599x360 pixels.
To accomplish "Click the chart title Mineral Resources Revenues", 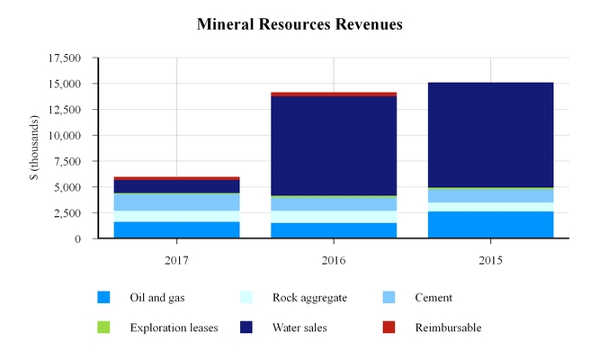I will pos(299,24).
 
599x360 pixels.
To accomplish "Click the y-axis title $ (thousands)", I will pos(34,148).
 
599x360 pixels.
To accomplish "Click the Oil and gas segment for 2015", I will pos(491,225).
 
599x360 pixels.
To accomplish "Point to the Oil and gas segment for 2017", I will pos(176,230).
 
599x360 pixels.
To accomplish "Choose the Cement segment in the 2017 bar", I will pos(176,202).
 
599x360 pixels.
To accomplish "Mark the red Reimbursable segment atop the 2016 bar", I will pos(334,94).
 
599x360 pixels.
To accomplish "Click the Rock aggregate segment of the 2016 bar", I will pos(334,217).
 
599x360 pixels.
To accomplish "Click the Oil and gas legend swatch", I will pos(104,298).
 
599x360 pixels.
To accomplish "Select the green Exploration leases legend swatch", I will pos(104,328).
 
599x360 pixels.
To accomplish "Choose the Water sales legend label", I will pos(299,328).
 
